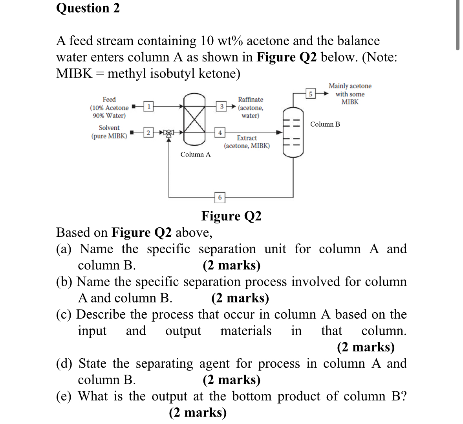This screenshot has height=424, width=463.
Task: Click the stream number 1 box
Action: coord(148,106)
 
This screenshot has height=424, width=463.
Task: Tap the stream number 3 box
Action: coord(221,106)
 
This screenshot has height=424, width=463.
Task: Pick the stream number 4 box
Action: coord(220,133)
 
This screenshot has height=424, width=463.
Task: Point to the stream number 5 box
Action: coord(310,94)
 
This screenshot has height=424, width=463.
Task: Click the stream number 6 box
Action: coord(220,197)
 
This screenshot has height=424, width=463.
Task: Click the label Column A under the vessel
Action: coord(195,155)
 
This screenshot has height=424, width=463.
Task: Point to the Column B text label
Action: coord(325,124)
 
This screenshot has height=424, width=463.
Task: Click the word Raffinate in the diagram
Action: coord(251,100)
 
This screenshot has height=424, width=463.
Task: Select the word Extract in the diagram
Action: coord(247,138)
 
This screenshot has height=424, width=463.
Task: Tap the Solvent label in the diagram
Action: coord(109,128)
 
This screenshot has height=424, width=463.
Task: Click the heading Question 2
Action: coord(88,8)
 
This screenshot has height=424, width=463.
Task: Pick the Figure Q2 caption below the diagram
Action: coord(231,216)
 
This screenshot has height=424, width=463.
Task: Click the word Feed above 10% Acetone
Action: coord(109,100)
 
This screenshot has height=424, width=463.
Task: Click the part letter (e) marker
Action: coord(64,396)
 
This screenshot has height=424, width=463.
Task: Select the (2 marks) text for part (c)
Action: coord(366,347)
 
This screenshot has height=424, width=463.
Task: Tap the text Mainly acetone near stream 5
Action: coord(350,86)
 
